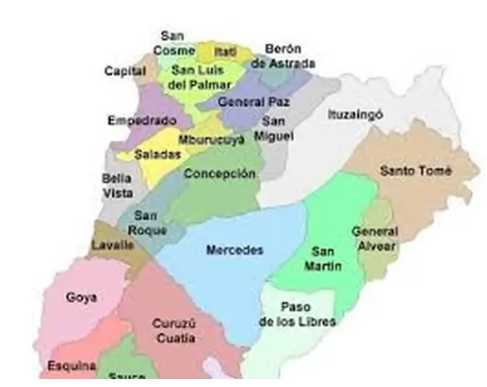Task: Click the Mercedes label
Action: tap(235, 250)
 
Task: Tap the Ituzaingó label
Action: tap(355, 115)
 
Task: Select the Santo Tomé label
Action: tap(416, 171)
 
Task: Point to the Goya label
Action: tap(81, 298)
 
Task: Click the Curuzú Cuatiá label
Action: tap(174, 331)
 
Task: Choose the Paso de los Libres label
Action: tap(297, 314)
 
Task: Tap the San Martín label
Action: tap(322, 259)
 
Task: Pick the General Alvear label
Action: tap(374, 239)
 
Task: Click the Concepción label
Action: tap(219, 174)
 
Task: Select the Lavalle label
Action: tap(112, 245)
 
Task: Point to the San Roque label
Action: tap(146, 223)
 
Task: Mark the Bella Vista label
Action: tap(117, 185)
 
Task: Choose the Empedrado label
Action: tap(142, 121)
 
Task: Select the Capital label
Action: tap(125, 71)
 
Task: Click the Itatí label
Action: tap(225, 51)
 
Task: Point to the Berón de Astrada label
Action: tap(283, 56)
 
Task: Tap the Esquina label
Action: tap(72, 366)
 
